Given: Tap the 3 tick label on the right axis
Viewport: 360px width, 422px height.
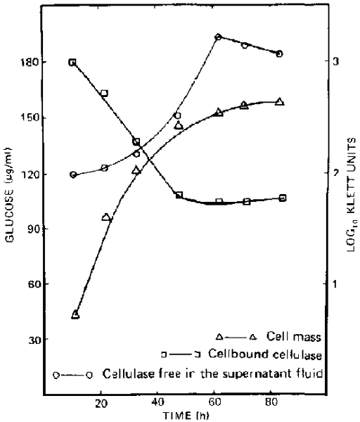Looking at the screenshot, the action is [x=336, y=62].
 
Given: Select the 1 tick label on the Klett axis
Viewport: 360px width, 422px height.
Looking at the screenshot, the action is [x=335, y=283].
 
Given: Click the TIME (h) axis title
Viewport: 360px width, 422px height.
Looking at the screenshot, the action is [x=186, y=416].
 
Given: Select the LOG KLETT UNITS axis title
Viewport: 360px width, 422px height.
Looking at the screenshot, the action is [x=352, y=195].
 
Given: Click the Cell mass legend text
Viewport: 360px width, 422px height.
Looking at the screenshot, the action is [x=294, y=337].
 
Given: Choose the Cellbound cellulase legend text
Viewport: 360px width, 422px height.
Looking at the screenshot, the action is [x=265, y=354].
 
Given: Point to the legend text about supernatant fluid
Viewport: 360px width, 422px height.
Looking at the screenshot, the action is [x=212, y=373].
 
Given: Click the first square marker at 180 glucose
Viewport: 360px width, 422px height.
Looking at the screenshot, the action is [x=72, y=63].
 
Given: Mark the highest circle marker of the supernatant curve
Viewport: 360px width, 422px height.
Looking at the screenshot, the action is [x=219, y=37].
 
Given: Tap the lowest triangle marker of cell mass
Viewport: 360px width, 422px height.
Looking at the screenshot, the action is [x=76, y=314].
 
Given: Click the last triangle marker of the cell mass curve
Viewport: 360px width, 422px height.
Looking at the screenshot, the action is [x=280, y=101].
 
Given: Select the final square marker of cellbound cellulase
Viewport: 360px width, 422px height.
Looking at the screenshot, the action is [x=283, y=198].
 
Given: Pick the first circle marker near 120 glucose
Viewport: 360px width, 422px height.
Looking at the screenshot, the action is [x=73, y=174].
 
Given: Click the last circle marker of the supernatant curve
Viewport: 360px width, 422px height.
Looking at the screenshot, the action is [x=279, y=54].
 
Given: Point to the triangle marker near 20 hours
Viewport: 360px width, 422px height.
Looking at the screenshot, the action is [x=106, y=217].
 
